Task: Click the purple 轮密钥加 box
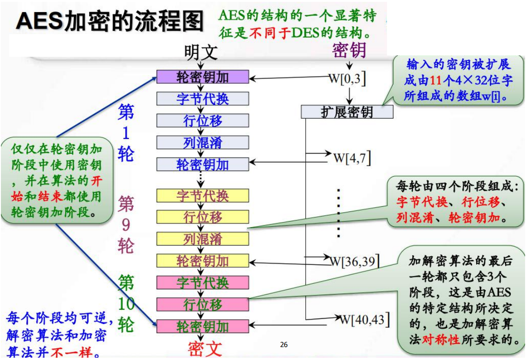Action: pyautogui.click(x=203, y=77)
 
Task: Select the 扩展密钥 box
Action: pyautogui.click(x=347, y=112)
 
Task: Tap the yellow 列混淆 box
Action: pyautogui.click(x=203, y=239)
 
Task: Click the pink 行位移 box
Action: pyautogui.click(x=203, y=304)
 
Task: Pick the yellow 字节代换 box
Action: pyautogui.click(x=203, y=195)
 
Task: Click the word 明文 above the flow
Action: pyautogui.click(x=200, y=52)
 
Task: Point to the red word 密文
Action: pyautogui.click(x=205, y=348)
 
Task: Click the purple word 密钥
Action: pyautogui.click(x=349, y=51)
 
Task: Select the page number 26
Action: pyautogui.click(x=284, y=345)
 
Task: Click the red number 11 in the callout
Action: pyautogui.click(x=436, y=80)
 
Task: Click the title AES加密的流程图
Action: pyautogui.click(x=110, y=21)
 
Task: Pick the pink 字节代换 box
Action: pyautogui.click(x=203, y=282)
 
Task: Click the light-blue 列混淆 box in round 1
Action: pyautogui.click(x=203, y=143)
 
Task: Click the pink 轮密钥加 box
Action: pyautogui.click(x=203, y=326)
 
